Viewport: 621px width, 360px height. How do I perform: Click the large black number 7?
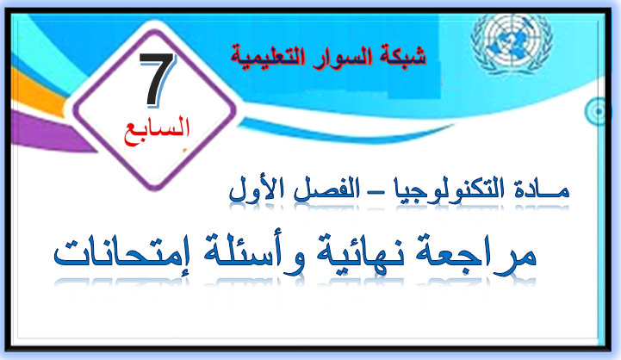pyautogui.click(x=157, y=79)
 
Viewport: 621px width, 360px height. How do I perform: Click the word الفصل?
pyautogui.click(x=326, y=190)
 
